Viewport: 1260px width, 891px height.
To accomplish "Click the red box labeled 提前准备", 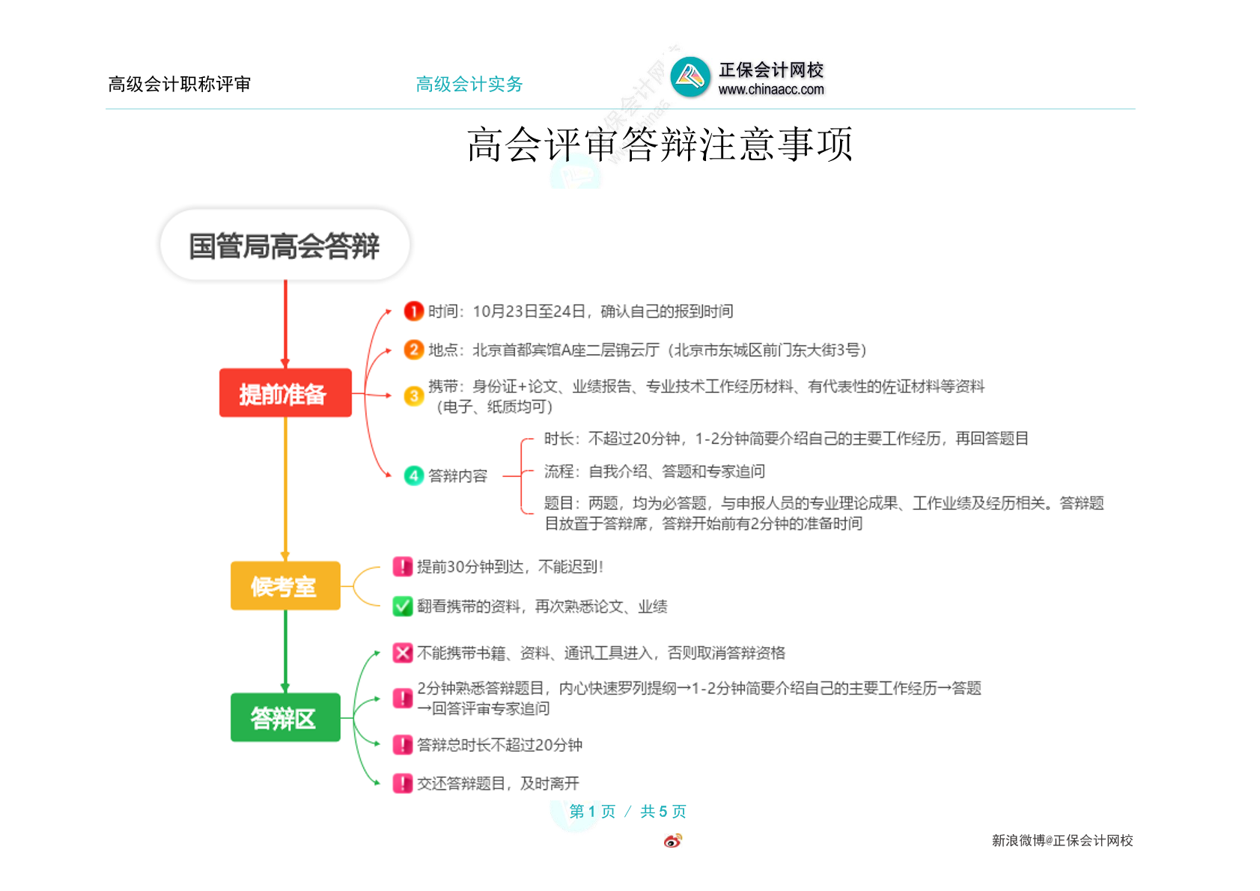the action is coord(285,392).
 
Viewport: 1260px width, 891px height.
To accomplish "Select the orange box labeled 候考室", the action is coord(285,586).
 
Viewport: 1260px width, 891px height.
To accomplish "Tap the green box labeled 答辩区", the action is coord(285,717).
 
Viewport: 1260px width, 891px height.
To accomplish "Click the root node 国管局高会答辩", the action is coord(284,246).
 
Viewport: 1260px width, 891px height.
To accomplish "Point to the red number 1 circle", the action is coord(413,311).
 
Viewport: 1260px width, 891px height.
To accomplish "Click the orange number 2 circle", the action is coord(413,350).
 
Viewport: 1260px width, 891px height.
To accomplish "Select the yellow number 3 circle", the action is coord(413,396).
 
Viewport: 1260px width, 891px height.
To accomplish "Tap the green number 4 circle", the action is coord(413,476).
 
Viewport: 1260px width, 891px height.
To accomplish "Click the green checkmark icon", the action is coord(402,606).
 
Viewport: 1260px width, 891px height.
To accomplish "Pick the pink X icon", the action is coord(402,652).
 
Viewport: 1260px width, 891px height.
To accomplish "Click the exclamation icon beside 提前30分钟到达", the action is coord(402,567).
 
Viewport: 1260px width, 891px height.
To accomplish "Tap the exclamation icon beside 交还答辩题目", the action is coord(402,783).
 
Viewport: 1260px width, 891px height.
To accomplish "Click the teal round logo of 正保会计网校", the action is coord(690,76).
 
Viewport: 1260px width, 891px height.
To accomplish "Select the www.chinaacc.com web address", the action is coord(771,89).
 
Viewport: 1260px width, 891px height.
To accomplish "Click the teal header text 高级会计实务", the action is coord(469,85).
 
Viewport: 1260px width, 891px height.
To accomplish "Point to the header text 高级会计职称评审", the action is coord(180,85).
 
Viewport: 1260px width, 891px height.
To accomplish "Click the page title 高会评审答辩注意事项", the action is coord(660,145).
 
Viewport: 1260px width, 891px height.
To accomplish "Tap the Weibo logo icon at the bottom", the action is coord(673,840).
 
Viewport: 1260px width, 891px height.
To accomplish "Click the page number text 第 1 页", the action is coord(592,811).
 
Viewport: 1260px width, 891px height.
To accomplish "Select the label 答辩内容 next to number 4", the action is coord(458,476).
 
